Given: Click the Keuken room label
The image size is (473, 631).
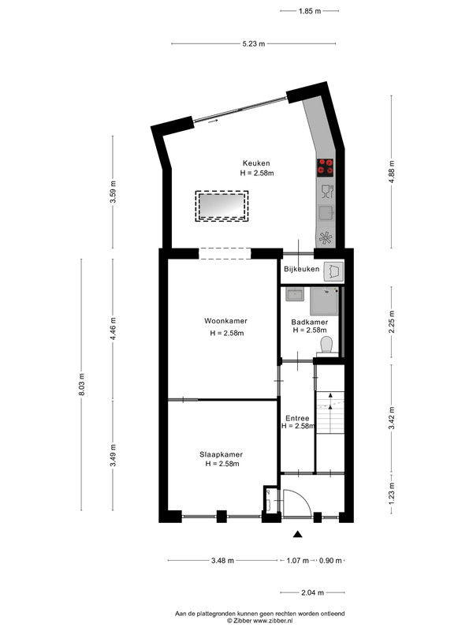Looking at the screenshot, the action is click(256, 163).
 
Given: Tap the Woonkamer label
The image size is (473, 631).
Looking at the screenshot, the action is click(225, 321).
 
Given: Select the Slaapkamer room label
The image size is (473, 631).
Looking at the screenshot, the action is click(222, 454).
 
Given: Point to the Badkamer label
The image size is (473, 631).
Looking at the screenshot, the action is click(309, 322).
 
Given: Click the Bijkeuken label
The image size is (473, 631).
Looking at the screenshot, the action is click(302, 269).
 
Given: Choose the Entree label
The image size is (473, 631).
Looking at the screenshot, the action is click(297, 418).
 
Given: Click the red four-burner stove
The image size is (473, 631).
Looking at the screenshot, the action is click(325, 167).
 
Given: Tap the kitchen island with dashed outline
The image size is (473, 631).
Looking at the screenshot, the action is click(222, 206).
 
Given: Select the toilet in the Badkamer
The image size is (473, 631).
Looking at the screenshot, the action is click(326, 346).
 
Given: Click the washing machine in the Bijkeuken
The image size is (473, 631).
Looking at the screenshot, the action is click(333, 271).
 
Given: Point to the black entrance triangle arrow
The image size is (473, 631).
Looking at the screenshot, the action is click(297, 534).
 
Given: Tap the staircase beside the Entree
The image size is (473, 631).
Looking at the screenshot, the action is click(330, 412).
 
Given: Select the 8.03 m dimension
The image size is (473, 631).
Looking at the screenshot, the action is click(82, 385).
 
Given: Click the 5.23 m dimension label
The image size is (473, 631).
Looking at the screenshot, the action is click(254, 43).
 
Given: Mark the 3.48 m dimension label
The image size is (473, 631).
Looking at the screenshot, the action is click(222, 560).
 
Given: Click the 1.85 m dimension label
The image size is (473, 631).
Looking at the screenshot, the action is click(310, 11).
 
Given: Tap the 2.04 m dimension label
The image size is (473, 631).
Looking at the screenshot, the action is click(312, 592).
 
